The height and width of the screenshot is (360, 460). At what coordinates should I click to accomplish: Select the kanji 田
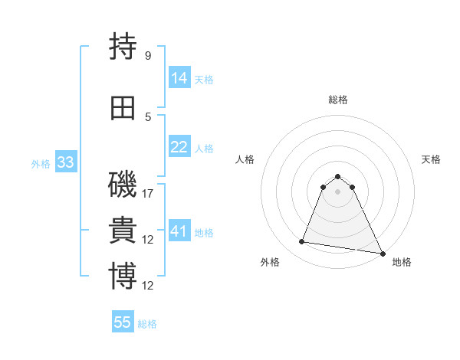point(123,107)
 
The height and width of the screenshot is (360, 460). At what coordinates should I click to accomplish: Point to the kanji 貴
point(123,230)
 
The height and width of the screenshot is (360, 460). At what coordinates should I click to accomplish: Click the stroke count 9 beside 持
point(148,56)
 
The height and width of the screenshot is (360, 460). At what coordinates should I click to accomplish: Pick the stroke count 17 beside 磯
point(149,194)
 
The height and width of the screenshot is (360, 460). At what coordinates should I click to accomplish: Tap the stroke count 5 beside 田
point(148,117)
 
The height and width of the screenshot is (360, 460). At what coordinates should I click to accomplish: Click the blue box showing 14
point(179,77)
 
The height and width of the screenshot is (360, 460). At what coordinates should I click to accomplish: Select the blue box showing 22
point(179,147)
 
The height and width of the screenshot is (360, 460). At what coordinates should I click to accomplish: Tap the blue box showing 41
point(179,231)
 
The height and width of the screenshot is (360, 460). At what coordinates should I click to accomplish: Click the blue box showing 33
point(65,162)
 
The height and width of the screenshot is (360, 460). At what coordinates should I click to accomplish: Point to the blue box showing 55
point(123,322)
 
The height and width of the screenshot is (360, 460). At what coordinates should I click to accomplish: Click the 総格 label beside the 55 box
point(147,324)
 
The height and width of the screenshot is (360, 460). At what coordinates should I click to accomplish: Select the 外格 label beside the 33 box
point(41,163)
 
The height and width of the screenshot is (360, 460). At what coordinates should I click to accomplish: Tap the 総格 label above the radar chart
point(337,100)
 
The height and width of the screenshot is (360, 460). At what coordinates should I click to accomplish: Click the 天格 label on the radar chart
point(431,159)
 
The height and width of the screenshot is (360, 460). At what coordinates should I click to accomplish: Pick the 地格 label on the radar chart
point(402,262)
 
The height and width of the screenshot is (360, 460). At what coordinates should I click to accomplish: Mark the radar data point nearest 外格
point(301,242)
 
